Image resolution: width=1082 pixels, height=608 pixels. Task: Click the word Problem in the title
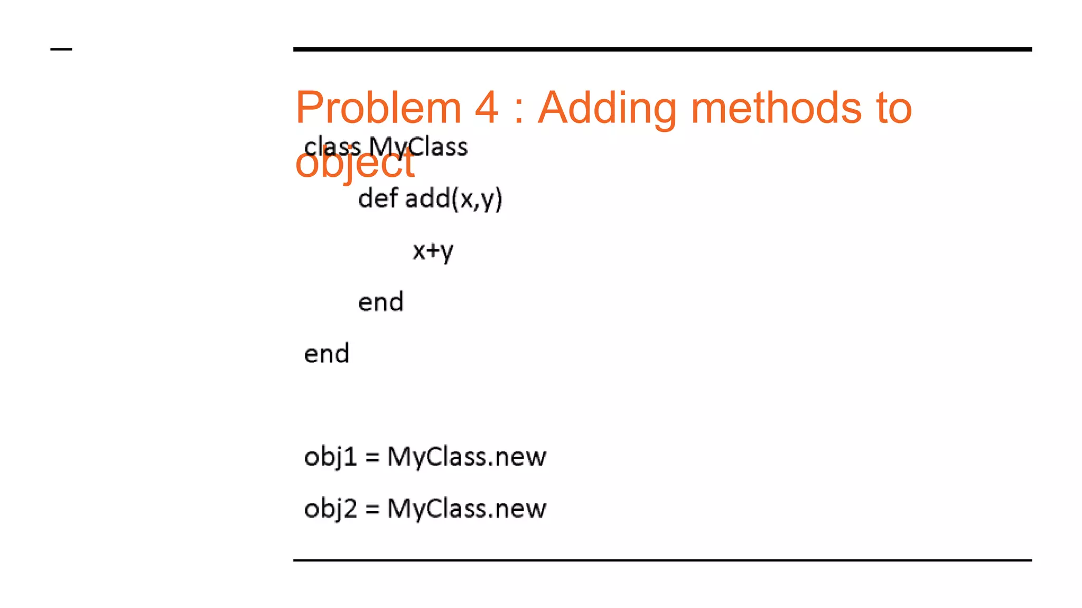pyautogui.click(x=378, y=108)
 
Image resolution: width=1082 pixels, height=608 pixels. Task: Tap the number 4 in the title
pyautogui.click(x=486, y=108)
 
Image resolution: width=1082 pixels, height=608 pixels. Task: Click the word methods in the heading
pyautogui.click(x=776, y=108)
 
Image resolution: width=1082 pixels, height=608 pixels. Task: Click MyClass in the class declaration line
pyautogui.click(x=418, y=146)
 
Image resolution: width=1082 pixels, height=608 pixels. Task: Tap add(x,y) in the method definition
pyautogui.click(x=453, y=199)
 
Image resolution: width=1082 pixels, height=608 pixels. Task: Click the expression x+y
pyautogui.click(x=433, y=251)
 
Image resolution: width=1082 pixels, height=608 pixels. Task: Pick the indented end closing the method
pyautogui.click(x=380, y=302)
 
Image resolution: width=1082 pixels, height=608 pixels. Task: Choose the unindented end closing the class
pyautogui.click(x=327, y=354)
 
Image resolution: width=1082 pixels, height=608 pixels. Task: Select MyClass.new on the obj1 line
pyautogui.click(x=467, y=457)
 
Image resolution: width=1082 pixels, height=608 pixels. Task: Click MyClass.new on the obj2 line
pyautogui.click(x=467, y=509)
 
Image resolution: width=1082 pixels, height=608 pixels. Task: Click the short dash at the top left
pyautogui.click(x=61, y=50)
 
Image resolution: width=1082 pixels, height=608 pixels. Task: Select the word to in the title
pyautogui.click(x=893, y=108)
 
